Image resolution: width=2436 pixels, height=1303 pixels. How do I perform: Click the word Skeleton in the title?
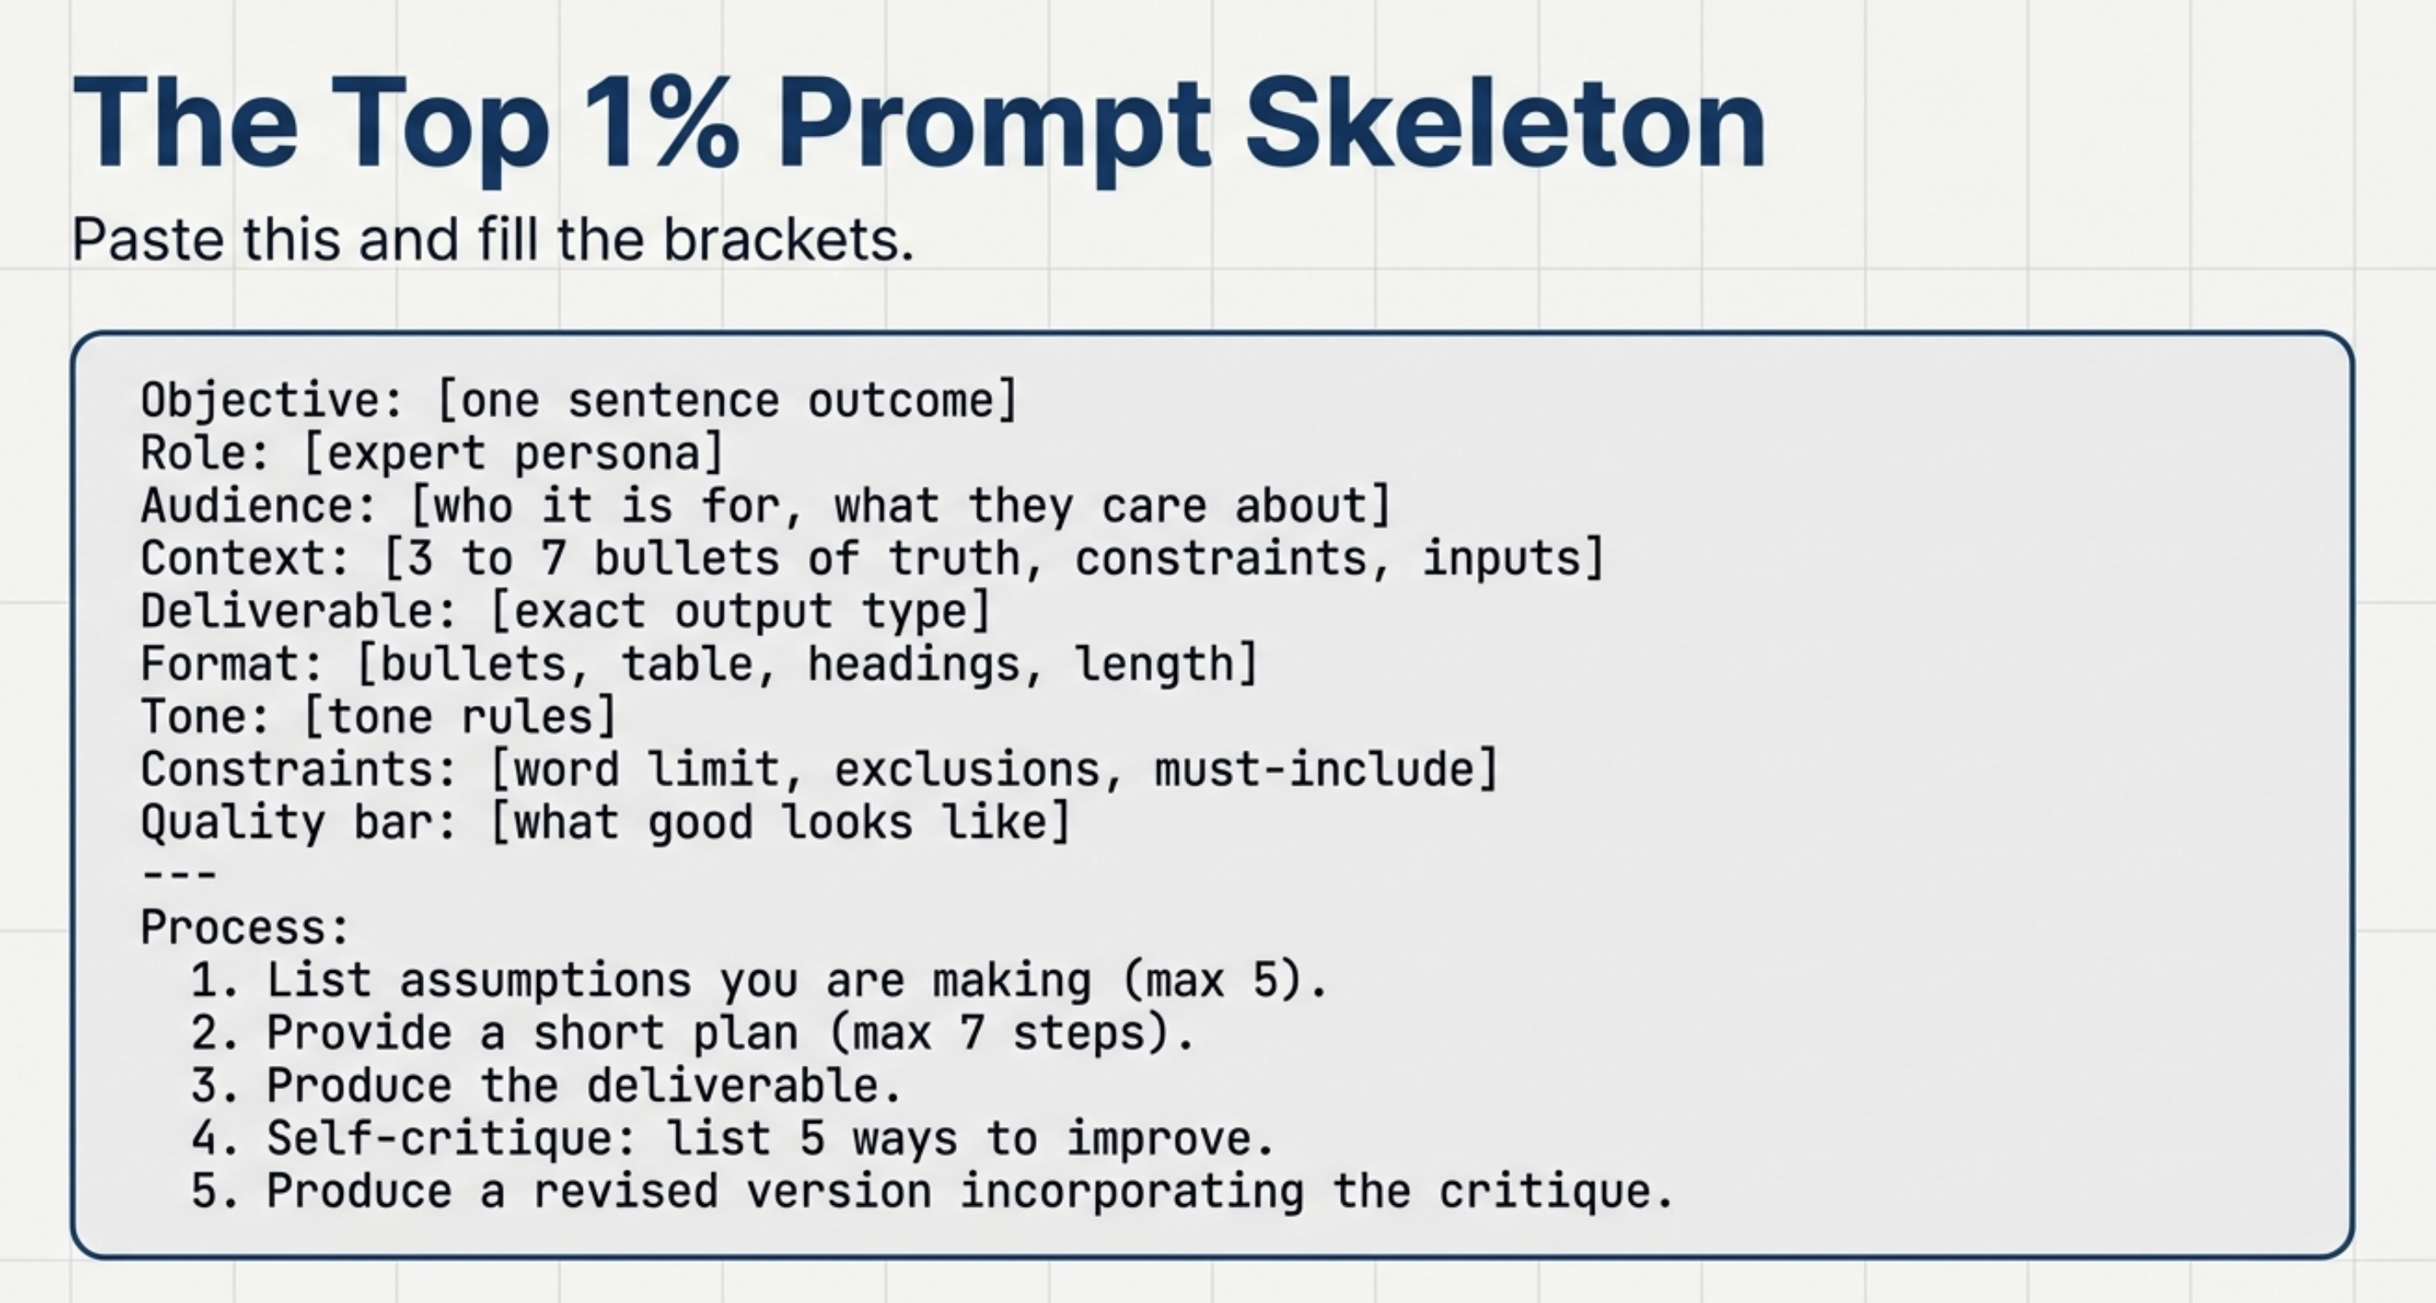click(1504, 124)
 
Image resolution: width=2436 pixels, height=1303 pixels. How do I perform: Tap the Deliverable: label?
click(300, 612)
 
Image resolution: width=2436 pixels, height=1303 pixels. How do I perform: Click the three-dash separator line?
click(179, 874)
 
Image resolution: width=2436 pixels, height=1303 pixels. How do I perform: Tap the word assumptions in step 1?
click(546, 981)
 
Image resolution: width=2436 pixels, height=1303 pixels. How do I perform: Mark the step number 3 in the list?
click(205, 1086)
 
